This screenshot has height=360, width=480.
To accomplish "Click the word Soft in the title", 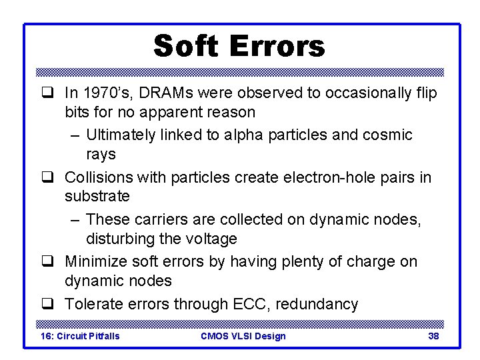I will (x=186, y=46).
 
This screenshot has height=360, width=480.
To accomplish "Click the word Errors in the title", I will (x=277, y=46).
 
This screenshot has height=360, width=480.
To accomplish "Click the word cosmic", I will (x=388, y=135).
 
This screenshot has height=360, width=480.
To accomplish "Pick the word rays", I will (x=101, y=154).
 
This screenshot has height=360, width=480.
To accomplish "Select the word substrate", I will (x=97, y=197).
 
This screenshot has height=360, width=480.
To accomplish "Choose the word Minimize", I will (x=95, y=262).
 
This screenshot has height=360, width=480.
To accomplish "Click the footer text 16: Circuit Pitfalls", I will (x=80, y=336).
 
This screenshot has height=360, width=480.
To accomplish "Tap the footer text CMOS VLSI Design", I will (x=243, y=336).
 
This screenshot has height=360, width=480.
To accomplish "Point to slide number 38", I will (x=433, y=336).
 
